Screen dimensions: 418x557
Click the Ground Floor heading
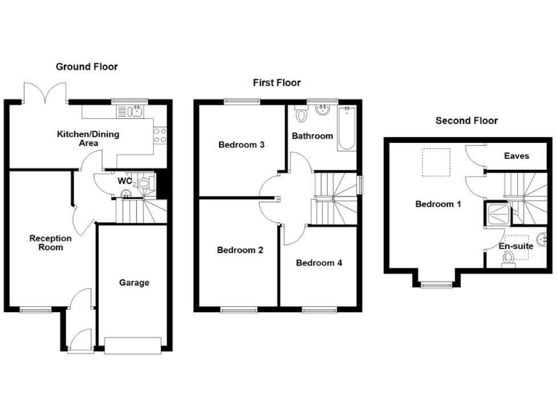(87, 67)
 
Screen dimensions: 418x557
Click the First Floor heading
(276, 83)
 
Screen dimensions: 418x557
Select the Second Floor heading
(466, 120)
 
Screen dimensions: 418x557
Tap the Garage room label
(134, 282)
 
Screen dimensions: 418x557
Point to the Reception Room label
(51, 242)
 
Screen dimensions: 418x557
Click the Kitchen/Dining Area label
(88, 139)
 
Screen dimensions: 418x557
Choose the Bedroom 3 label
(241, 144)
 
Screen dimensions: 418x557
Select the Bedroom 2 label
(240, 250)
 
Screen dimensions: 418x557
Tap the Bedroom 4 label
(319, 263)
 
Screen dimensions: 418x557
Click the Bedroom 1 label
(438, 204)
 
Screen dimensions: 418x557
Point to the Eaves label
(517, 156)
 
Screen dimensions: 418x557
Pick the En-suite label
(516, 246)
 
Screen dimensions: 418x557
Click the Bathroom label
(312, 136)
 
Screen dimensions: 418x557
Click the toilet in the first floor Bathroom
(301, 115)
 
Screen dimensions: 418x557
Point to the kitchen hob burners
(160, 135)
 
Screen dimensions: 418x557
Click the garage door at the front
(133, 345)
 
